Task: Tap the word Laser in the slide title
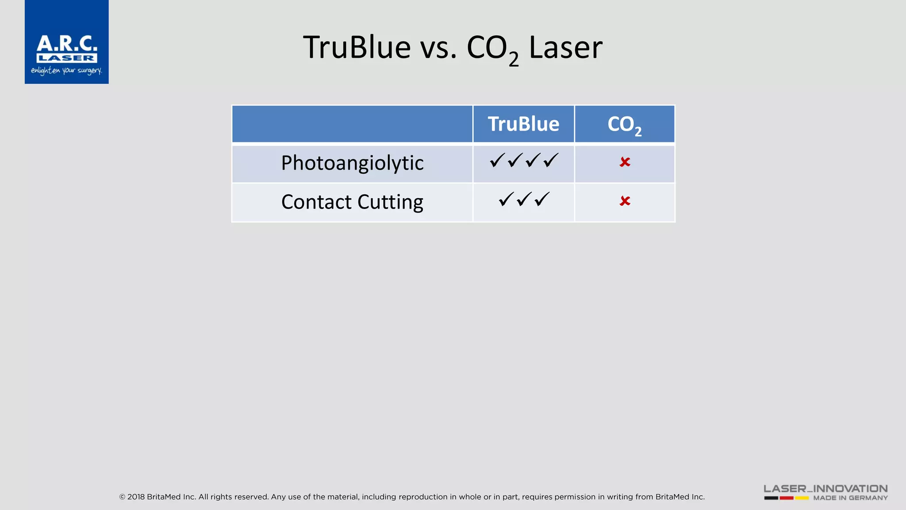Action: click(565, 47)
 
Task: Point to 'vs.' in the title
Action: click(438, 48)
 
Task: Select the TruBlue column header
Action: click(523, 124)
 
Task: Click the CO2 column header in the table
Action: click(624, 124)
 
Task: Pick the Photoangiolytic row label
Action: click(352, 163)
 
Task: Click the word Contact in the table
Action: click(316, 202)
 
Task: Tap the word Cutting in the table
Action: click(390, 202)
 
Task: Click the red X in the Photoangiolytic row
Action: click(625, 162)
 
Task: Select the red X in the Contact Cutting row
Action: click(625, 201)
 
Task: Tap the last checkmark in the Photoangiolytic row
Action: click(551, 160)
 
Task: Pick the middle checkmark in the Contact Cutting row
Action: click(524, 199)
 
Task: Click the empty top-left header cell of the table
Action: click(352, 124)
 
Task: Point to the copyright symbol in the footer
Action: click(122, 497)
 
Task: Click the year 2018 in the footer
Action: click(136, 497)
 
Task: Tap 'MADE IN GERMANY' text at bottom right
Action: click(850, 498)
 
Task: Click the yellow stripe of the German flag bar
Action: click(802, 498)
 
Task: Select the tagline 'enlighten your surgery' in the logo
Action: click(66, 71)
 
